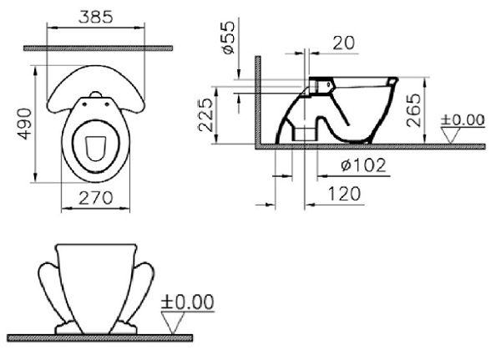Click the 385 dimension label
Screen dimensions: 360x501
(98, 14)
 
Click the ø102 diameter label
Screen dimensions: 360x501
(363, 165)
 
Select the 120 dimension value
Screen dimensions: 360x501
(343, 194)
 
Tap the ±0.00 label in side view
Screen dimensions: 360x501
(463, 119)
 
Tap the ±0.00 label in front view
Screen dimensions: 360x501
(187, 302)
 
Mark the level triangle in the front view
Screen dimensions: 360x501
(174, 322)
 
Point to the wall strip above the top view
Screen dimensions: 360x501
(98, 48)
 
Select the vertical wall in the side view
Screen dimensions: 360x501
(258, 100)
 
